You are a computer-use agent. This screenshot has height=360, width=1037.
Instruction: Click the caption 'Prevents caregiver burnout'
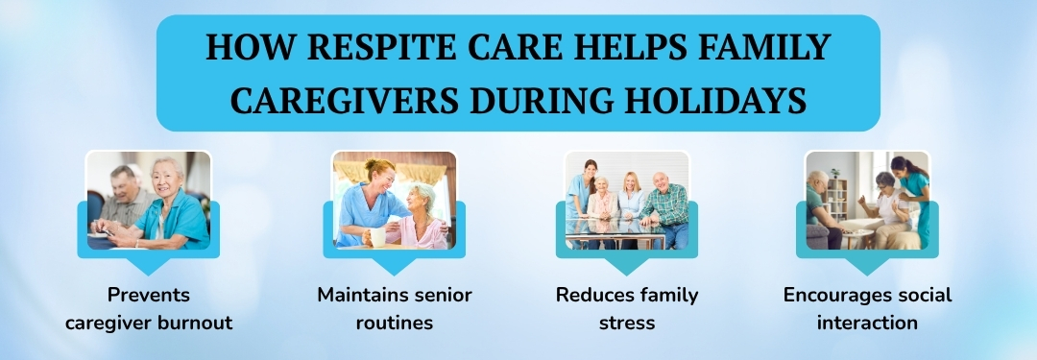(149, 308)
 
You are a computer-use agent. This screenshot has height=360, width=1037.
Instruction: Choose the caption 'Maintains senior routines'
(395, 308)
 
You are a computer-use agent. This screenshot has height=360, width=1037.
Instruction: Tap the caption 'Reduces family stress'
(627, 308)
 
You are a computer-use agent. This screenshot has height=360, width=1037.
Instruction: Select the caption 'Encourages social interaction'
(867, 308)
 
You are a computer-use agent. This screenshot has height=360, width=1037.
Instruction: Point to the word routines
(395, 323)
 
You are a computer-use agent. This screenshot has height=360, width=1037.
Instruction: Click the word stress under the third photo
(627, 323)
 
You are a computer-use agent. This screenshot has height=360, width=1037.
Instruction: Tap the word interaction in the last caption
(867, 323)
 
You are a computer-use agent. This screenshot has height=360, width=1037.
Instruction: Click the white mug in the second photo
(377, 235)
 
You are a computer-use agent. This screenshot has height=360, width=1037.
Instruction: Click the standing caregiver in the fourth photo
(911, 197)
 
